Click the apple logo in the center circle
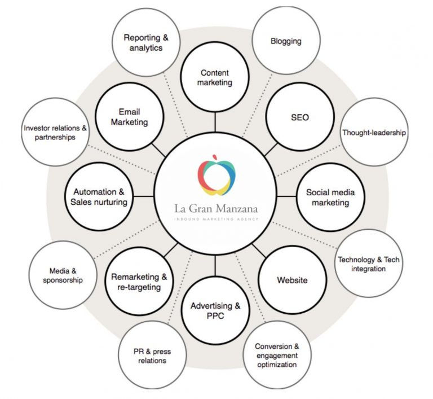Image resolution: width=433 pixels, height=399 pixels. [x=215, y=173]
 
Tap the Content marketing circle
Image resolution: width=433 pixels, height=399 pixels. [x=215, y=78]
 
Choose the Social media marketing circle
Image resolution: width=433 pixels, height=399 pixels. [x=327, y=196]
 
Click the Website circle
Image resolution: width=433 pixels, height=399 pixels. [x=292, y=279]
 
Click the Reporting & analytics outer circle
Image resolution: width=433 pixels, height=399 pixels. [x=146, y=43]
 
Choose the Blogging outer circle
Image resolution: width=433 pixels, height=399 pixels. [x=285, y=41]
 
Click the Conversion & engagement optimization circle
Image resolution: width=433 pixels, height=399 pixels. [x=276, y=355]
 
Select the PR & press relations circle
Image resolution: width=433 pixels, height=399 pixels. [x=152, y=356]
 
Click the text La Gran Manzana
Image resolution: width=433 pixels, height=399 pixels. [x=215, y=209]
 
